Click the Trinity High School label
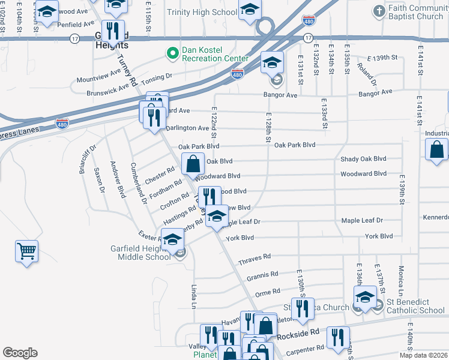point(202,12)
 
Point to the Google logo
point(20,353)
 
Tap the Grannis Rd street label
point(262,275)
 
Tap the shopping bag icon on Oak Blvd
point(193,163)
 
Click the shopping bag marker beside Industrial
point(437,149)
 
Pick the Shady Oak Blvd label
point(363,159)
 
